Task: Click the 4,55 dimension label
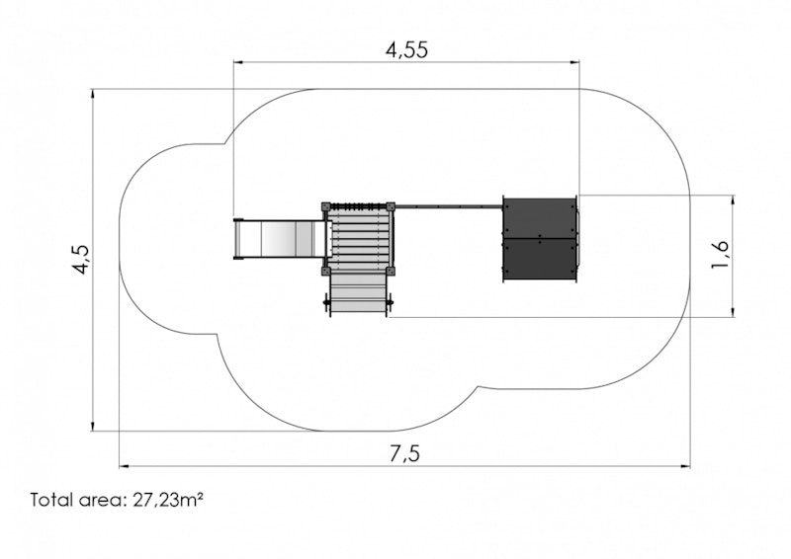[x=406, y=50]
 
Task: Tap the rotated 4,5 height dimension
[x=81, y=259]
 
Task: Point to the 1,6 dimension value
[x=721, y=254]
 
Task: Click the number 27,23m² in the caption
[x=168, y=500]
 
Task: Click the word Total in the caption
[x=51, y=500]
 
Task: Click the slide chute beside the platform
[x=279, y=239]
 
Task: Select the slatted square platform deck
[x=358, y=239]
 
